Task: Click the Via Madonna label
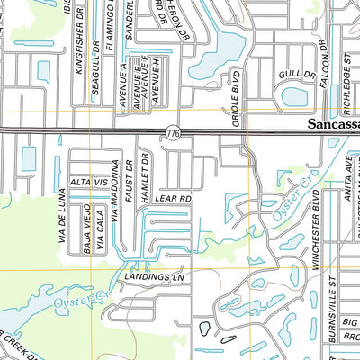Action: pos(115,190)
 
